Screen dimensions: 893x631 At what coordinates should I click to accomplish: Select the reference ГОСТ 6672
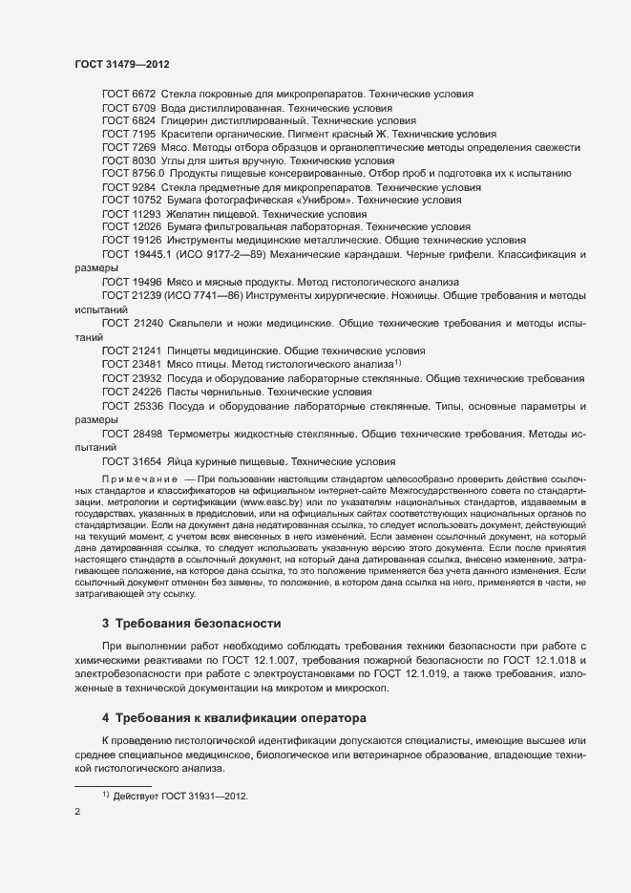coord(128,95)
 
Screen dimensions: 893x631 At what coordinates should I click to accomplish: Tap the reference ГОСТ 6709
coord(128,108)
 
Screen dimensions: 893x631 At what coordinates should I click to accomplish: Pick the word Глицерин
coord(186,121)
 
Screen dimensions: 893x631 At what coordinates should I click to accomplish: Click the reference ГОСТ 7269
coord(128,148)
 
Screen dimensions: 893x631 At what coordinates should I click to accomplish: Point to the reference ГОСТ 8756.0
coord(134,175)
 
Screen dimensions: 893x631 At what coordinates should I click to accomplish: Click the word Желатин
coord(186,215)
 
